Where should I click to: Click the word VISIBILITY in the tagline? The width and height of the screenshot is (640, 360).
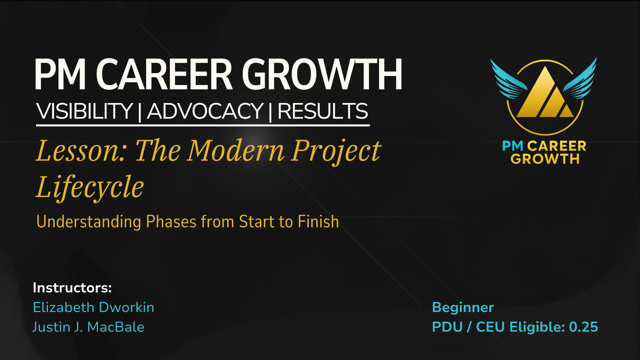(85, 111)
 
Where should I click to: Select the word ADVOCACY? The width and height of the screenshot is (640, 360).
(205, 111)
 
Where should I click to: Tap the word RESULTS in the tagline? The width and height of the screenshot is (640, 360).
(323, 111)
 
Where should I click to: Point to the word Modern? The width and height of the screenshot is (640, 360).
(236, 151)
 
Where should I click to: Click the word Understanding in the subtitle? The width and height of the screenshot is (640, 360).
(89, 222)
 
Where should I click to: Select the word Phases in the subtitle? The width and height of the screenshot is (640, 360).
(171, 222)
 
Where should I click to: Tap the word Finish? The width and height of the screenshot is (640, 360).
(318, 222)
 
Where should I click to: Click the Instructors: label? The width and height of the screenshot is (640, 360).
(72, 288)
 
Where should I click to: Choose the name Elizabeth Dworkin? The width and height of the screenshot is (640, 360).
(94, 307)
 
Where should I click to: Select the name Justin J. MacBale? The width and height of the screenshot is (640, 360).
(88, 327)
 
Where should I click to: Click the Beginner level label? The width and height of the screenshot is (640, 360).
(463, 308)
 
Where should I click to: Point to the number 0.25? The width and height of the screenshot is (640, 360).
(583, 327)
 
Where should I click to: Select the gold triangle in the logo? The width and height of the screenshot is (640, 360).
(545, 95)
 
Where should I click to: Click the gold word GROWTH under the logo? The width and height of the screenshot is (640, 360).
(545, 159)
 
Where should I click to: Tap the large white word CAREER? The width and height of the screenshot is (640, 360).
(164, 74)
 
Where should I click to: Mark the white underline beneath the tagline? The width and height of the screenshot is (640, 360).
(203, 125)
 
